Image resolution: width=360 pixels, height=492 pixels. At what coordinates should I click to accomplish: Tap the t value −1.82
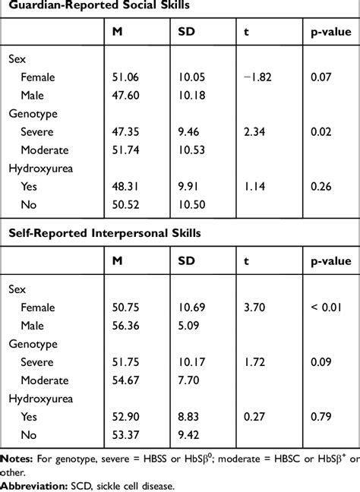click(x=255, y=77)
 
